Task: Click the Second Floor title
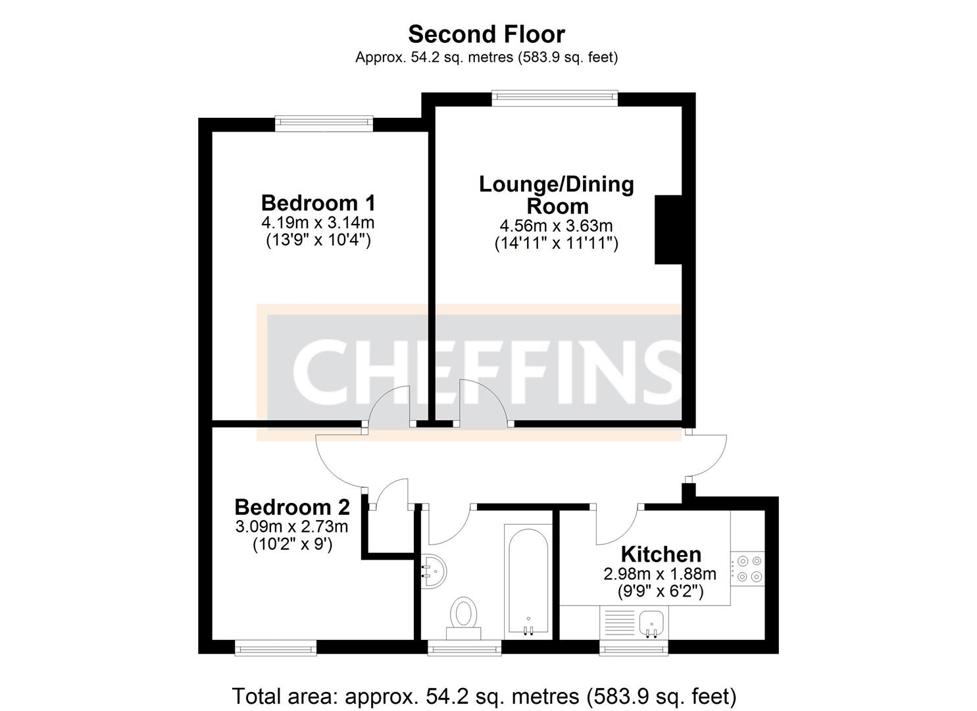(486, 34)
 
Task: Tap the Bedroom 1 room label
(318, 202)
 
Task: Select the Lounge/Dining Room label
(556, 195)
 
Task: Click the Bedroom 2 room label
(292, 507)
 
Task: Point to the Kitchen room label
(661, 554)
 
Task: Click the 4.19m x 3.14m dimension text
(318, 223)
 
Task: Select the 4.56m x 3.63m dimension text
(556, 226)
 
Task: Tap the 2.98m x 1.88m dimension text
(660, 574)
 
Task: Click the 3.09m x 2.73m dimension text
(292, 527)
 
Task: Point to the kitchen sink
(651, 621)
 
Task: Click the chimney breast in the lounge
(668, 230)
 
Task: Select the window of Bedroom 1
(324, 124)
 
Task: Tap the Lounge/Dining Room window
(555, 98)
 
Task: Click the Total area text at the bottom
(484, 696)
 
